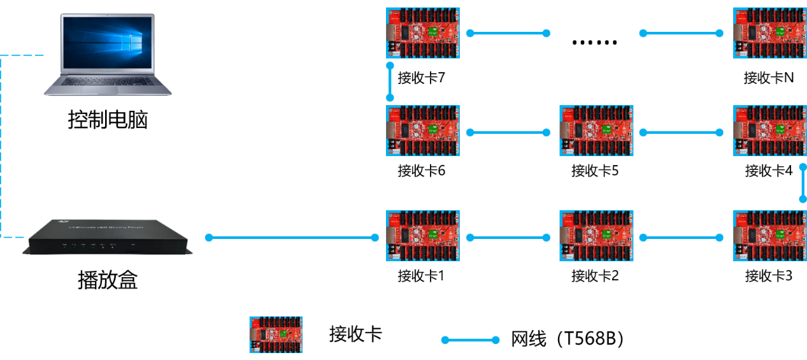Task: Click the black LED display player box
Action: click(106, 237)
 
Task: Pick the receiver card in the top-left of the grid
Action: click(423, 33)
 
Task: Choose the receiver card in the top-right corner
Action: click(769, 33)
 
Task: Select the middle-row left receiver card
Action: click(423, 131)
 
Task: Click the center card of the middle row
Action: click(596, 131)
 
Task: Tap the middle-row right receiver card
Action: click(769, 131)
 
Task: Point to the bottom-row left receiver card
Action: click(423, 236)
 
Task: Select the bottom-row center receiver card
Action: click(596, 236)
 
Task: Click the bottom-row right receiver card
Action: click(769, 236)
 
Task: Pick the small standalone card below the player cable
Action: click(276, 335)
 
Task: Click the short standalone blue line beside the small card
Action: click(470, 340)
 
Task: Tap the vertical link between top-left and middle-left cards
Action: click(390, 82)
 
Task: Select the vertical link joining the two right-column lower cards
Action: click(803, 183)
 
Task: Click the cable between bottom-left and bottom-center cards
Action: click(508, 238)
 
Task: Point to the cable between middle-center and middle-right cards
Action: click(681, 133)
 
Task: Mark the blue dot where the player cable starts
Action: click(209, 238)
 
